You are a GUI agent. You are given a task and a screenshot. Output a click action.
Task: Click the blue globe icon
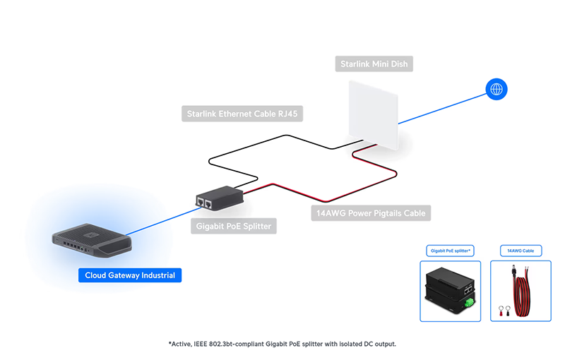pyautogui.click(x=496, y=89)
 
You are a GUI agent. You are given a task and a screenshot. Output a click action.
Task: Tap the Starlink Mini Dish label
pyautogui.click(x=374, y=64)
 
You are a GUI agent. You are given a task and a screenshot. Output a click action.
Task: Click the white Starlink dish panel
pyautogui.click(x=374, y=115)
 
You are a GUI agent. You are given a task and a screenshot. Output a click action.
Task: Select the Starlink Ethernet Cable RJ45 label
pyautogui.click(x=242, y=114)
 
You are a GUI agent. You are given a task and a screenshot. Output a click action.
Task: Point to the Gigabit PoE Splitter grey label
pyautogui.click(x=234, y=226)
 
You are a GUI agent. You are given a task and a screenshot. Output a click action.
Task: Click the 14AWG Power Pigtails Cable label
pyautogui.click(x=371, y=213)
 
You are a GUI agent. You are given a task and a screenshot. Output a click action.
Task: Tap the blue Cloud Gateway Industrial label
pyautogui.click(x=130, y=275)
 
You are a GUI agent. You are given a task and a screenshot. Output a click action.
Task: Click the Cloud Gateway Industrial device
pyautogui.click(x=92, y=241)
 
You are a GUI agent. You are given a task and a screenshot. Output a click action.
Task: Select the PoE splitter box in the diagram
pyautogui.click(x=220, y=198)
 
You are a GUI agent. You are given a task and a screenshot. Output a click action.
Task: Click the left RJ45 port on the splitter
pyautogui.click(x=201, y=202)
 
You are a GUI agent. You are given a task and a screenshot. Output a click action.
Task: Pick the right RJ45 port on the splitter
pyautogui.click(x=208, y=205)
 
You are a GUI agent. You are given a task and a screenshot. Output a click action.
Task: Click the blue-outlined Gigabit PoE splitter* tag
pyautogui.click(x=450, y=251)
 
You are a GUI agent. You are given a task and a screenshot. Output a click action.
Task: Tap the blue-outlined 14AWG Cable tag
pyautogui.click(x=521, y=251)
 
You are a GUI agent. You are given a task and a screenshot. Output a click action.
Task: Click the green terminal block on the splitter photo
pyautogui.click(x=469, y=302)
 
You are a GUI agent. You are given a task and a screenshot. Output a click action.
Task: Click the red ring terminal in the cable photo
pyautogui.click(x=501, y=311)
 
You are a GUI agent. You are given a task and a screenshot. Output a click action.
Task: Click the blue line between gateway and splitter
pyautogui.click(x=164, y=221)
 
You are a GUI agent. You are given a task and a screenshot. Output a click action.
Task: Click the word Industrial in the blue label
pyautogui.click(x=158, y=275)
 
